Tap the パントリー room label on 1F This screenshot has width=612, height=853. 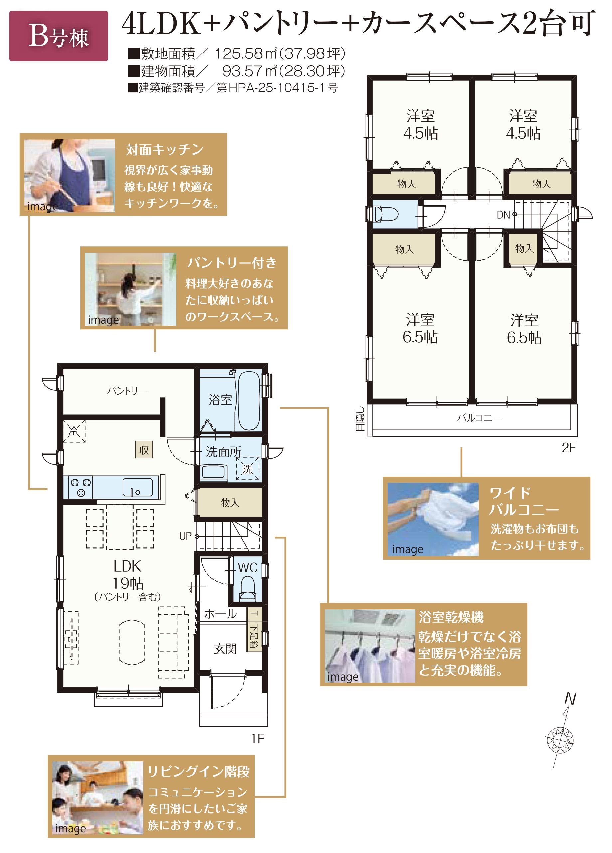pyautogui.click(x=126, y=391)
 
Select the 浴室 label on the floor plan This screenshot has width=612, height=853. pyautogui.click(x=220, y=399)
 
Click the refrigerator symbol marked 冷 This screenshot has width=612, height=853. pyautogui.click(x=74, y=431)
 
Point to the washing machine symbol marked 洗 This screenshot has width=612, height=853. pyautogui.click(x=247, y=469)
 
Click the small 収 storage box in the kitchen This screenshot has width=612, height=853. pyautogui.click(x=144, y=450)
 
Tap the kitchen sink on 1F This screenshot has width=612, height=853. pyautogui.click(x=138, y=487)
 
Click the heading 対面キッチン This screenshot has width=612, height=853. pyautogui.click(x=165, y=150)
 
